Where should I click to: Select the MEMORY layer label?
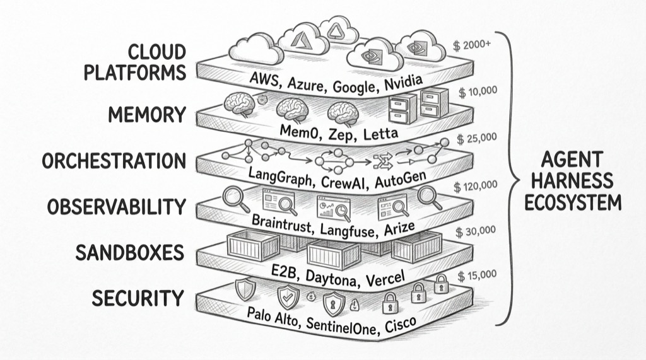(146, 115)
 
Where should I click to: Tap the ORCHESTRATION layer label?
(114, 161)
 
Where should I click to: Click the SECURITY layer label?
(138, 298)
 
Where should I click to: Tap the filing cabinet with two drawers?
(402, 108)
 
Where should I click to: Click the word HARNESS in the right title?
(571, 180)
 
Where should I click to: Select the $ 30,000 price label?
(478, 231)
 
